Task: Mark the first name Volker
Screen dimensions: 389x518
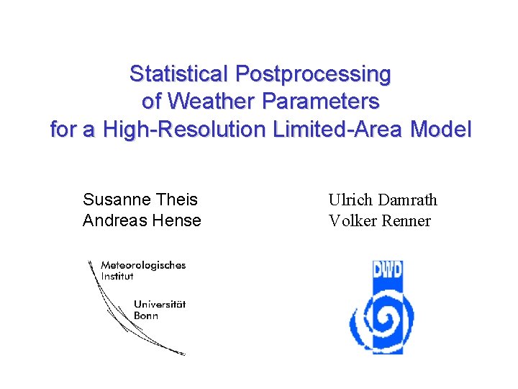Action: [350, 220]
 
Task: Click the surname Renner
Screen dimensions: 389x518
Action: [404, 220]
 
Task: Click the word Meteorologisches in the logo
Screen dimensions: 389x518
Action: [143, 265]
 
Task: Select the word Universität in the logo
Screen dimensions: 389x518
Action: [159, 305]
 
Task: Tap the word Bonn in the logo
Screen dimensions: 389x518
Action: [146, 316]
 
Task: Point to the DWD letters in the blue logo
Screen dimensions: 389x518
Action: [387, 272]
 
